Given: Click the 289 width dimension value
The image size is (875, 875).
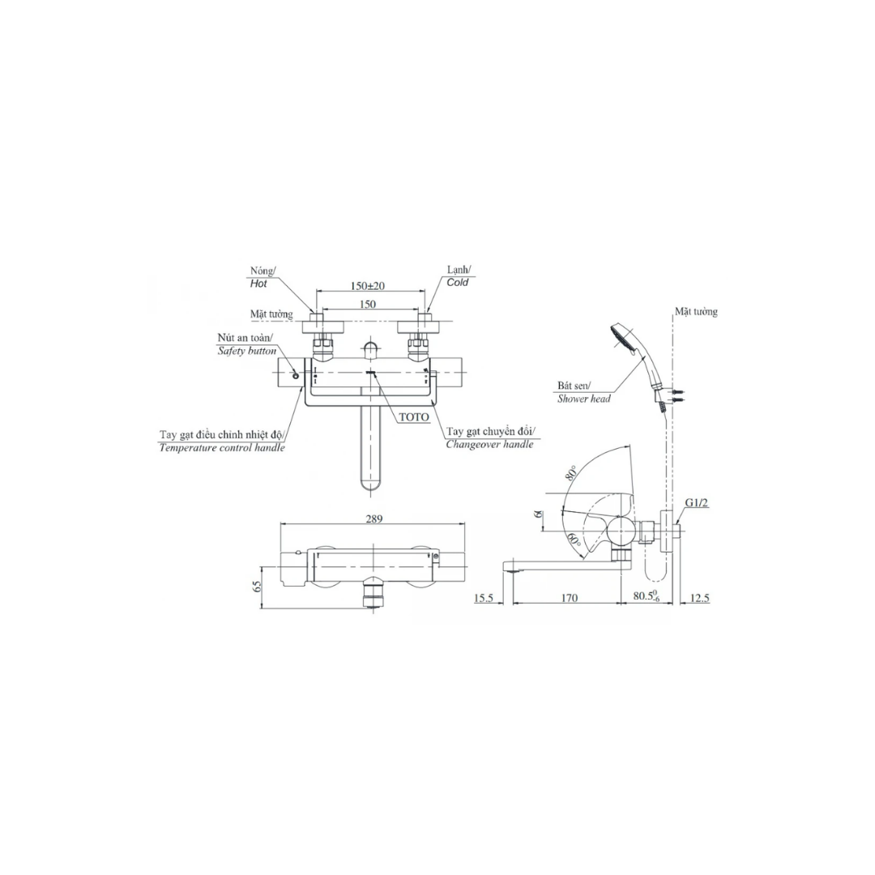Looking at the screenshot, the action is pos(373,519).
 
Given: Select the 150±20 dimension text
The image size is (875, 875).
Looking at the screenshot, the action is pos(367,286).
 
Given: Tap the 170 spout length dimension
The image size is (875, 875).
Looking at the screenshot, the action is pos(570,598).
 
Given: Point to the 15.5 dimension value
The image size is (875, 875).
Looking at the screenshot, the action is pos(483,598).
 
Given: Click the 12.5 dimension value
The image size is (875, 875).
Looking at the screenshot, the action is pos(700,598).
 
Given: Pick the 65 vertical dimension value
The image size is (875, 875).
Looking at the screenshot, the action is pos(258,587).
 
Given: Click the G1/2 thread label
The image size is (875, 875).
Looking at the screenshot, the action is pos(697,503).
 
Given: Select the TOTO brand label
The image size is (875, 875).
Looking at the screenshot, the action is pos(414,417).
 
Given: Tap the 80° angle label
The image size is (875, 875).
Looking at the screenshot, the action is pos(570,473).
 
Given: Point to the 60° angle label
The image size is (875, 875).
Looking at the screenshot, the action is pos(574,540).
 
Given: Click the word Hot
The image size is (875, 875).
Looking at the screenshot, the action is pos(258,284).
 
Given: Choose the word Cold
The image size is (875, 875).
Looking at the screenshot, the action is pos(458,283).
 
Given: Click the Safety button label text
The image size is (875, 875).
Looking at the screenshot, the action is pos(246,351).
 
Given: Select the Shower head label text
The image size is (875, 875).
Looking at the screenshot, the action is pos(583,399).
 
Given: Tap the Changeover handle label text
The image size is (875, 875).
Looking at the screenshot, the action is pos(489,444).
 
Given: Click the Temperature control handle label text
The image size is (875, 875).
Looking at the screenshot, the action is pos(222,447).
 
